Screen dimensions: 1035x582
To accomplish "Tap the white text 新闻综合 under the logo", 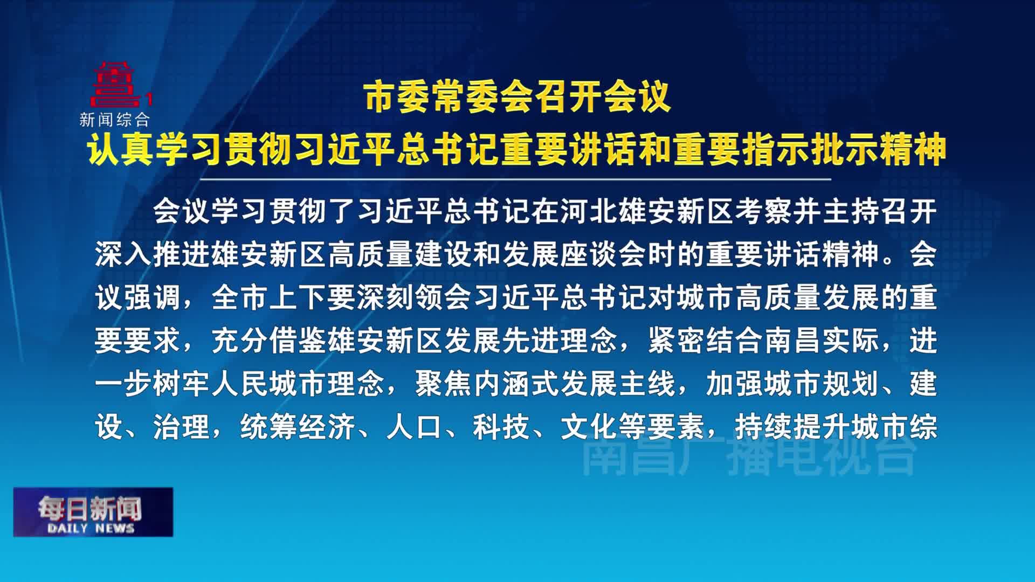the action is pos(114,120).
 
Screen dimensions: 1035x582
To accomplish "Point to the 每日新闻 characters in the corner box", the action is pos(90,508).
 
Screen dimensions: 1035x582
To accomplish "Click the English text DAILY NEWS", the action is pos(91,528).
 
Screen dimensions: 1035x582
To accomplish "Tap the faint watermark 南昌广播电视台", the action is pos(749,456).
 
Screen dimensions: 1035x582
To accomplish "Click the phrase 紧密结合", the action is pos(706,341).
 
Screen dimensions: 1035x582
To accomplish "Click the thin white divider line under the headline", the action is pos(516,179).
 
